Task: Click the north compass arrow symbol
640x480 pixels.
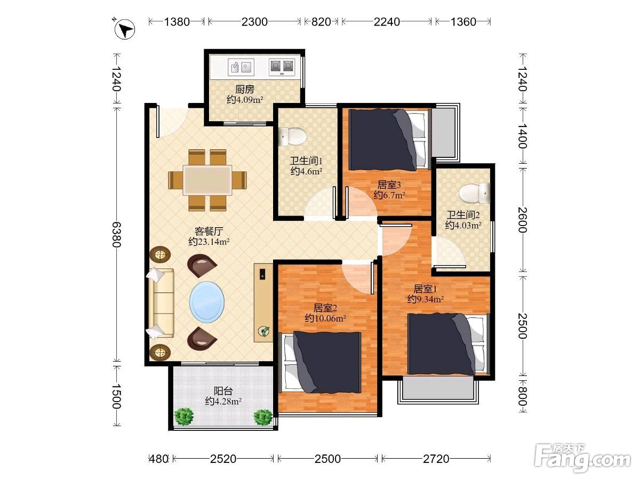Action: [125, 29]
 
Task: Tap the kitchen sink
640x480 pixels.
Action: [241, 67]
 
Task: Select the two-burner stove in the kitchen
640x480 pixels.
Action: [282, 67]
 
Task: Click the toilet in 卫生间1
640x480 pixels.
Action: [292, 137]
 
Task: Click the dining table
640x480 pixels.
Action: [207, 180]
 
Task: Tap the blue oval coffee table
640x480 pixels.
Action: [207, 302]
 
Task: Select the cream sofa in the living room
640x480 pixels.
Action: [160, 303]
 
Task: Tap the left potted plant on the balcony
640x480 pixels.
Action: [183, 417]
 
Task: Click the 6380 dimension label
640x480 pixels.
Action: [117, 234]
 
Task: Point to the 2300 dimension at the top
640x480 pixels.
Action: [254, 22]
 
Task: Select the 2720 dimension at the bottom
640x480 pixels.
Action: [436, 459]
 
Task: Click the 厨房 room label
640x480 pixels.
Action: [245, 89]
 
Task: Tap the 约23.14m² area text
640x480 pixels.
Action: [209, 242]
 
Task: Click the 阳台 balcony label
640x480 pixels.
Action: [223, 391]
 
